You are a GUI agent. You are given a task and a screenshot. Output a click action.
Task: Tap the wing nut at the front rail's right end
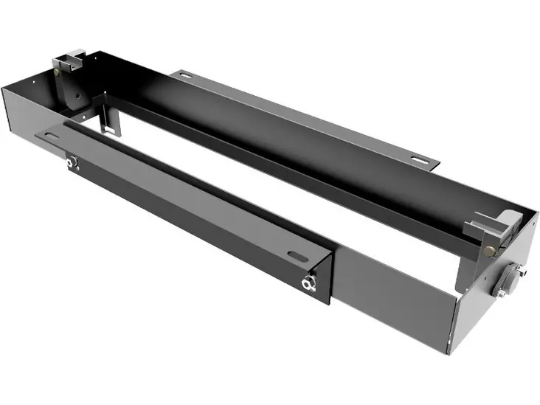pyautogui.click(x=308, y=283)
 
